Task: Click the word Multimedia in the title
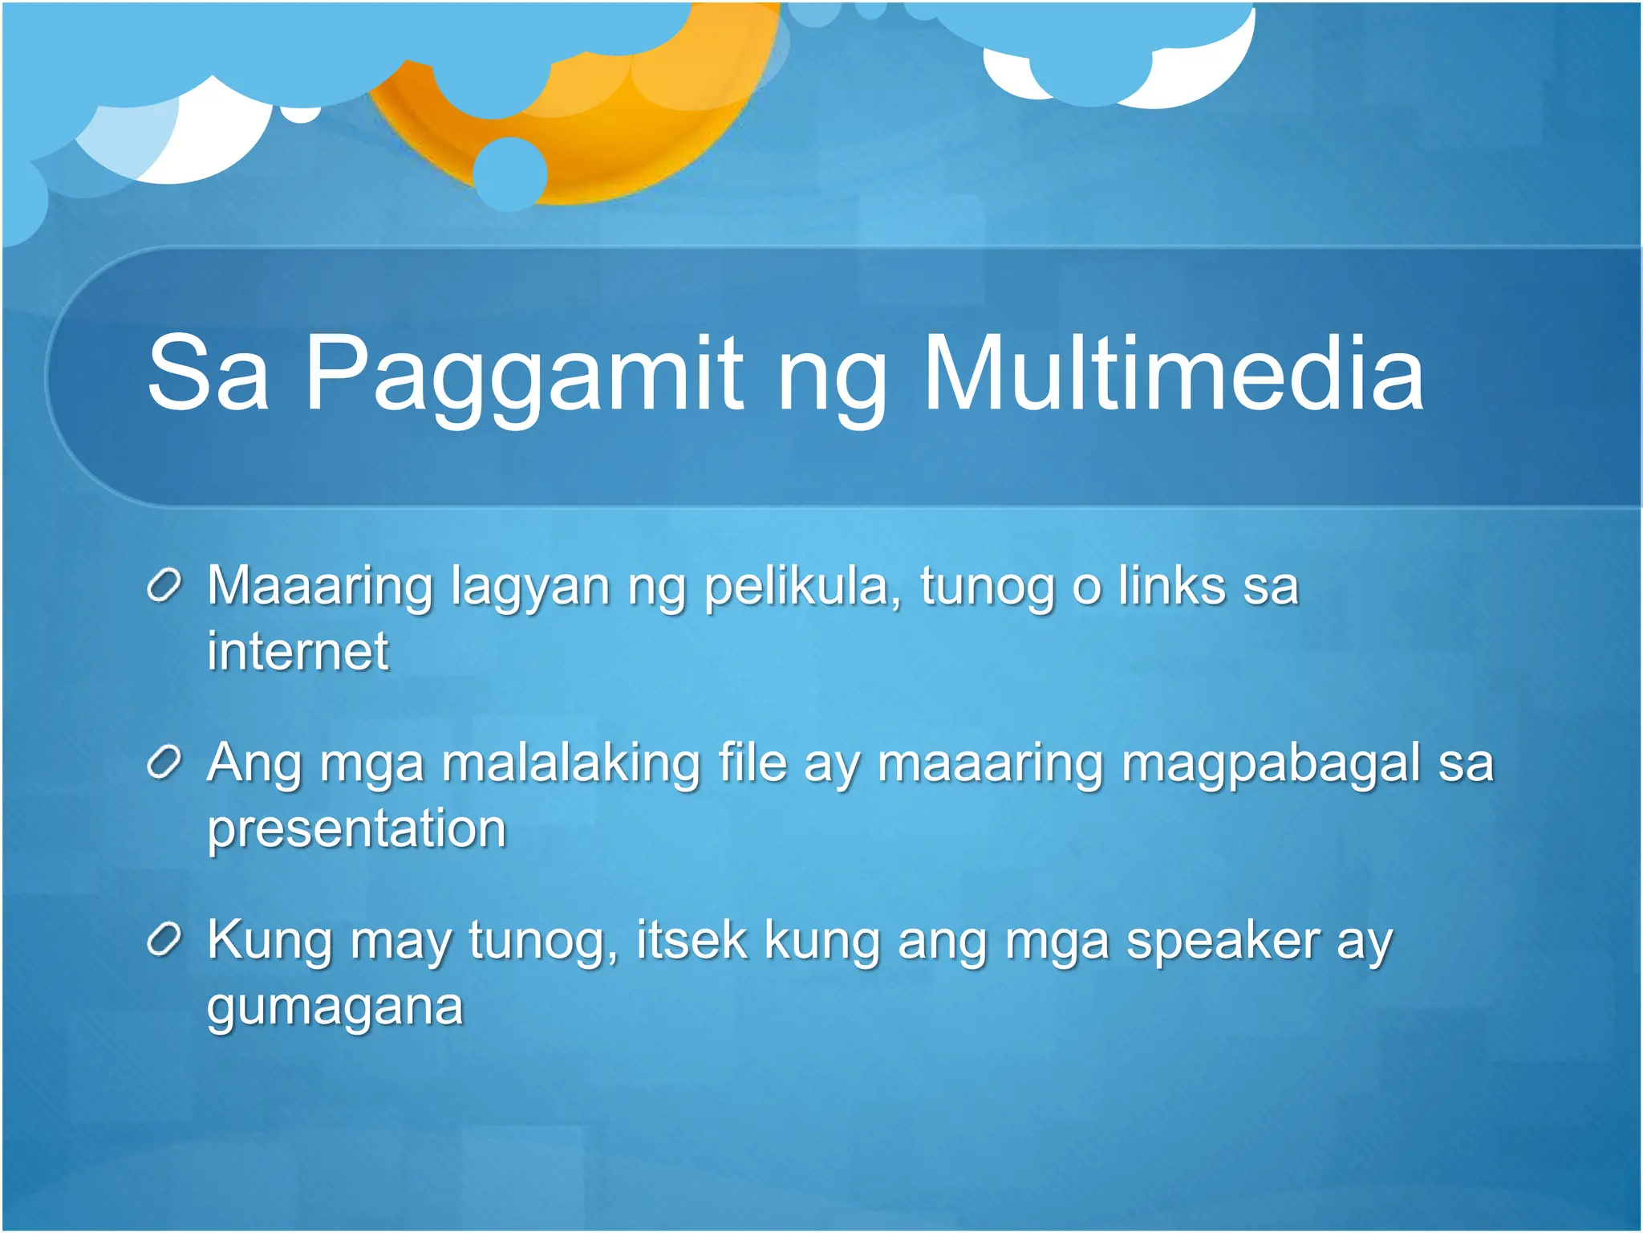(1173, 374)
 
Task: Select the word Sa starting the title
(208, 374)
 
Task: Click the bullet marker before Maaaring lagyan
(166, 586)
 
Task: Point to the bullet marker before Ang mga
(166, 763)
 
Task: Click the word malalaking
(570, 763)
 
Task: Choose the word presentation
(357, 830)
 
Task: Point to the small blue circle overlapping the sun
(510, 173)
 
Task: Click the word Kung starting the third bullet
(270, 941)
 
